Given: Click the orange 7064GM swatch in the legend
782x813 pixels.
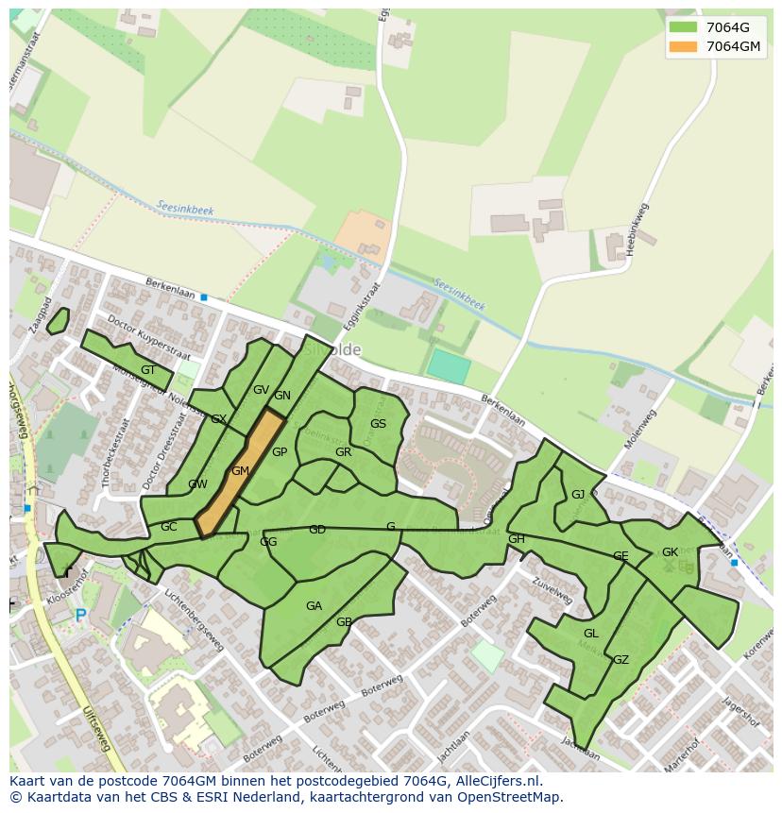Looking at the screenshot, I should [x=683, y=47].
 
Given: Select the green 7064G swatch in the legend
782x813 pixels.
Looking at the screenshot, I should [x=683, y=27].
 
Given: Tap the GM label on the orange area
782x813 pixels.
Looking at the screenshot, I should [x=240, y=471].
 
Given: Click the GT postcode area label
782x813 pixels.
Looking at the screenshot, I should [x=148, y=370].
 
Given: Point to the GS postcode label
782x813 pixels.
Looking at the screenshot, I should [x=378, y=424].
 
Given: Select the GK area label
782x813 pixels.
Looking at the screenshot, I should [x=670, y=552].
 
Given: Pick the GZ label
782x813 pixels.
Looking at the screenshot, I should [x=620, y=660].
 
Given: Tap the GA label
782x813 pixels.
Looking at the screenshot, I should [x=314, y=606].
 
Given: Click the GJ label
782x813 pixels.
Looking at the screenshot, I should [x=578, y=495].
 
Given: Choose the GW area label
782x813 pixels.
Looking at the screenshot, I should [x=197, y=484].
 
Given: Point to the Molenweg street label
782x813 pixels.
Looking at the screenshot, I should [x=639, y=430].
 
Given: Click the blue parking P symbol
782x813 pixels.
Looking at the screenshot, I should [x=80, y=616].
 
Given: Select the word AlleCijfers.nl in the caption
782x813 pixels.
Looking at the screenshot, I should [x=495, y=781].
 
